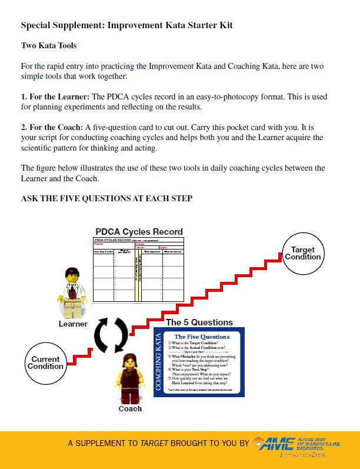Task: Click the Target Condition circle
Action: [x=303, y=254]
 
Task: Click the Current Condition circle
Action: [x=45, y=363]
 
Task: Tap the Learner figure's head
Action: [x=72, y=274]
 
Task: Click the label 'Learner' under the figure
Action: [x=73, y=324]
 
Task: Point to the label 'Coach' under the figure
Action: [x=130, y=408]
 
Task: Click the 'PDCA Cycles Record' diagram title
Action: [x=139, y=231]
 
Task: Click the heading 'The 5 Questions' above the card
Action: [x=199, y=322]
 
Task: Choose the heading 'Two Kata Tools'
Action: [x=49, y=45]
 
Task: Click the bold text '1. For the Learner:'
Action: [x=55, y=97]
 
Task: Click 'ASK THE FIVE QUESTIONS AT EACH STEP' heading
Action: [x=106, y=199]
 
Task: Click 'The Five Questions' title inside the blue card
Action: [x=202, y=337]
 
